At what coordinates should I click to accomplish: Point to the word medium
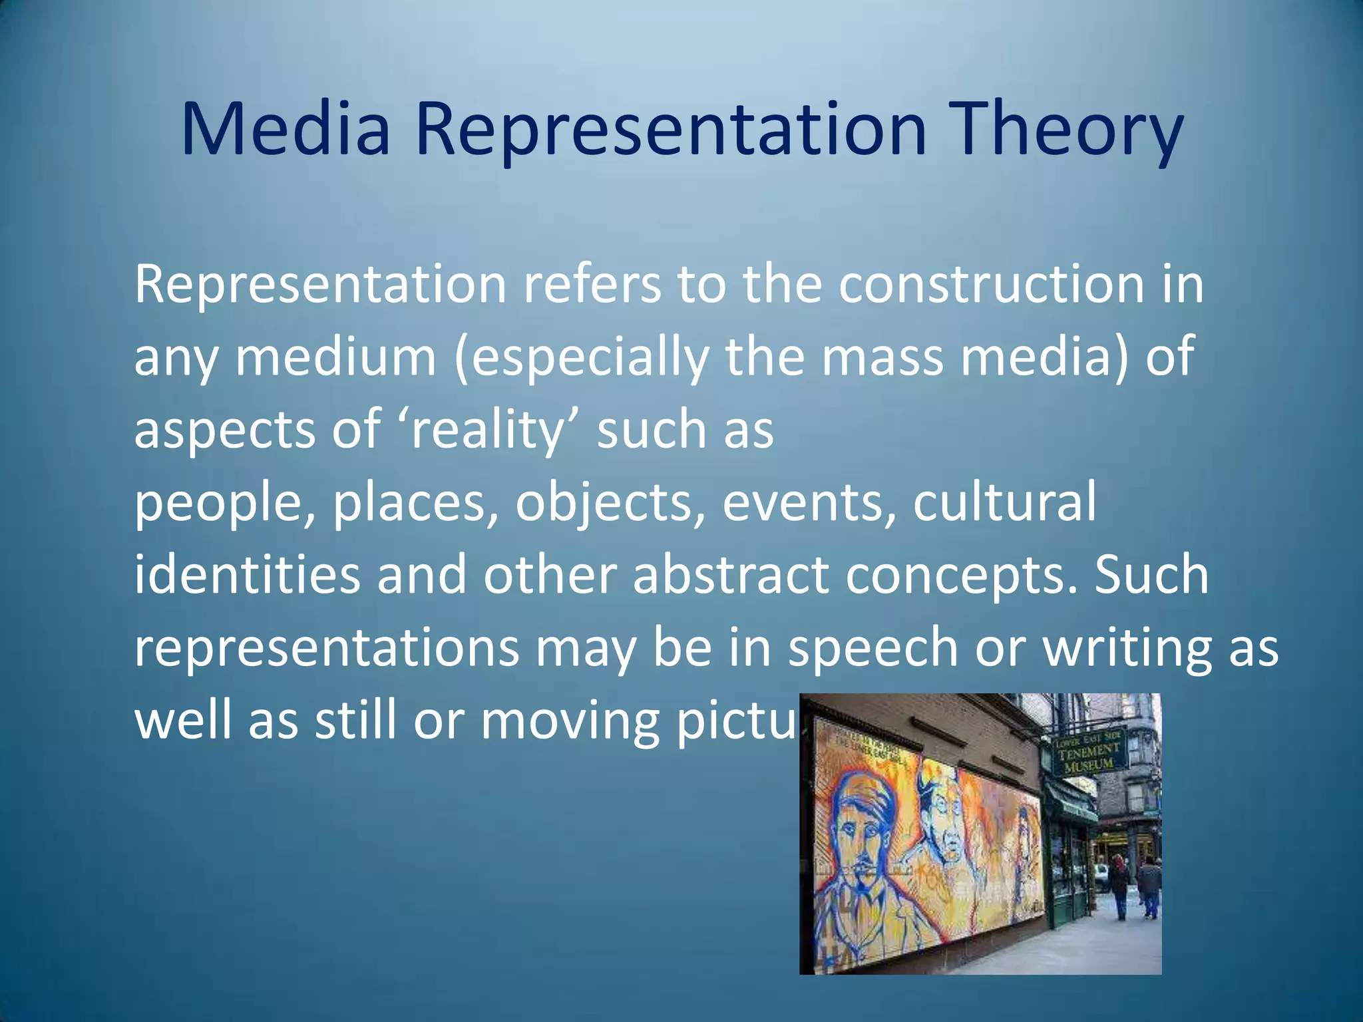(x=336, y=357)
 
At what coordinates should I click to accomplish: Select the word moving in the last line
(x=570, y=721)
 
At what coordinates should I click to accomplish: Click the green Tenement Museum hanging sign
(x=1091, y=750)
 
